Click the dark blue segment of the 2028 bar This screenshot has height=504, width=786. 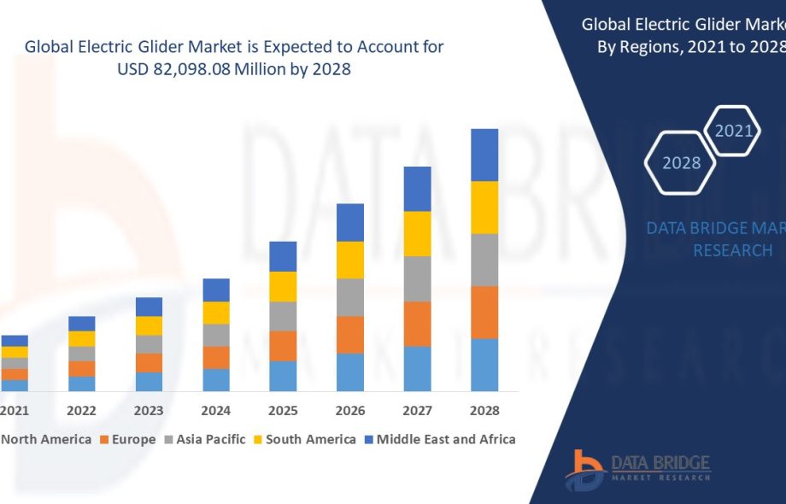point(484,155)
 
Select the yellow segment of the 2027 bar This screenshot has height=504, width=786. point(417,233)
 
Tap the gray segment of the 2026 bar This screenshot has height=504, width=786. point(350,297)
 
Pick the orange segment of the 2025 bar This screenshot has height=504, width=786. point(283,345)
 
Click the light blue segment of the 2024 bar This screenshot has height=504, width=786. point(216,380)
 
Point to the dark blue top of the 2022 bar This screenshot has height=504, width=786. point(82,323)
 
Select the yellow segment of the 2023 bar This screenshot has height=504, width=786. point(149,325)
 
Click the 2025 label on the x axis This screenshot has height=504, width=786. point(283,411)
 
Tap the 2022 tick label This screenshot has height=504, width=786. point(82,411)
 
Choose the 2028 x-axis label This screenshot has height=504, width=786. point(484,411)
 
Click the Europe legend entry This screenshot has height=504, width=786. point(128,439)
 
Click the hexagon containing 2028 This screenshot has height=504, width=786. point(682,162)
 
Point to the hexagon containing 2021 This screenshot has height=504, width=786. point(733,131)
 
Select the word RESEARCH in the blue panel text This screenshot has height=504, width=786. point(732,250)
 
